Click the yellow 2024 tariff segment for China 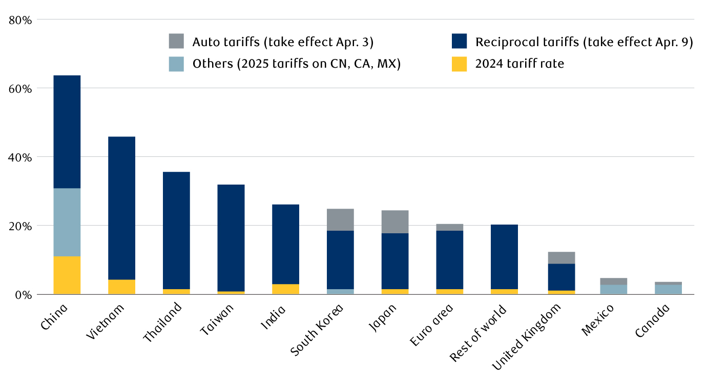pyautogui.click(x=67, y=275)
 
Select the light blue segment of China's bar pyautogui.click(x=67, y=222)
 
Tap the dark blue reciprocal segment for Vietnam pyautogui.click(x=121, y=208)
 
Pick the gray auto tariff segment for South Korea pyautogui.click(x=340, y=219)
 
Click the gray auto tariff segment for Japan pyautogui.click(x=395, y=221)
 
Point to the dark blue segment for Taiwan pyautogui.click(x=231, y=237)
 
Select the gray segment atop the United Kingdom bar pyautogui.click(x=562, y=257)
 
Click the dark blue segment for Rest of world pyautogui.click(x=504, y=256)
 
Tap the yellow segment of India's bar pyautogui.click(x=285, y=289)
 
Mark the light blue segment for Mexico pyautogui.click(x=613, y=289)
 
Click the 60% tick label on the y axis pyautogui.click(x=20, y=89)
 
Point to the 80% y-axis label pyautogui.click(x=20, y=20)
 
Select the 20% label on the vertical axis pyautogui.click(x=20, y=226)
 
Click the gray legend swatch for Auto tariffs pyautogui.click(x=176, y=42)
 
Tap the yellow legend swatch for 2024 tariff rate pyautogui.click(x=459, y=64)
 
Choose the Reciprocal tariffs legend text pyautogui.click(x=584, y=42)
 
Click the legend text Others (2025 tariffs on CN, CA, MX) pyautogui.click(x=297, y=64)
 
